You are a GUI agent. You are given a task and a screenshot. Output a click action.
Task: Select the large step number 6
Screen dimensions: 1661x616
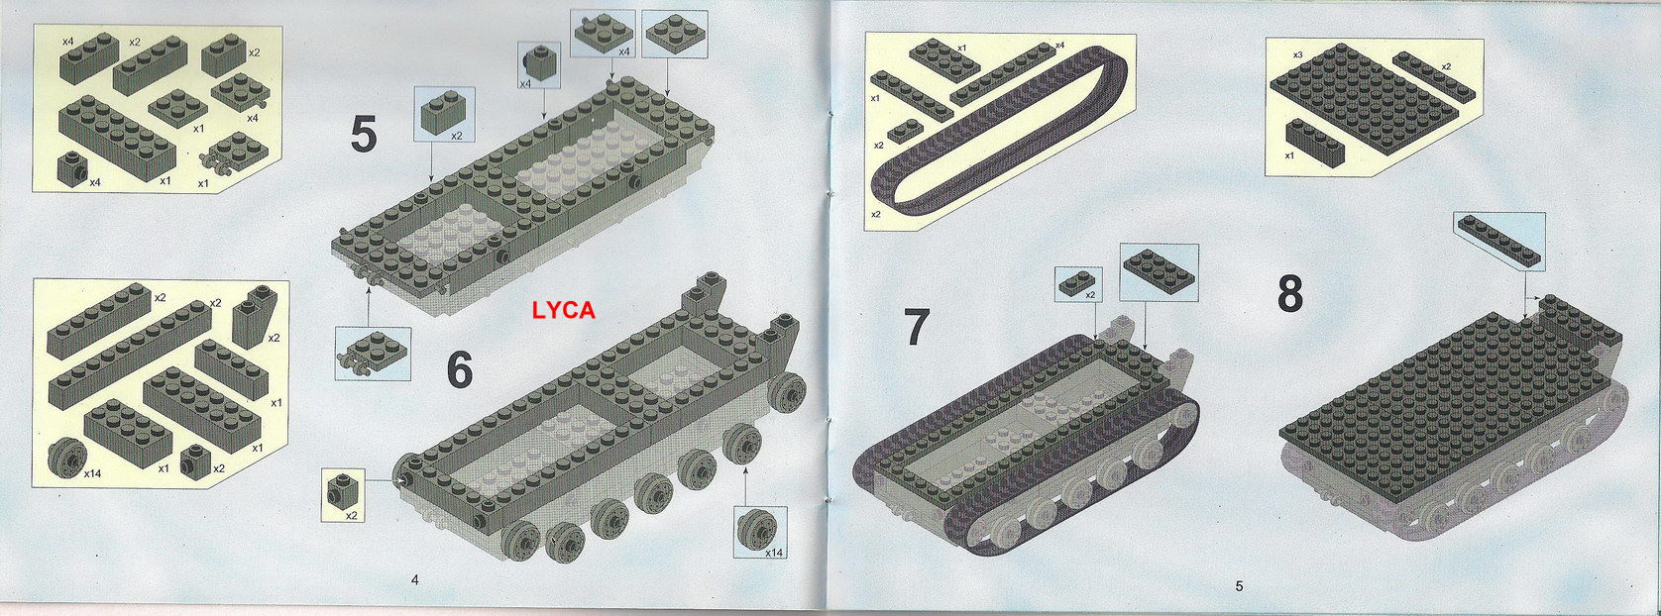460,369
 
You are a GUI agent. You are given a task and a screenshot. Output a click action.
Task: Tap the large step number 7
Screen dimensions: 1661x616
917,328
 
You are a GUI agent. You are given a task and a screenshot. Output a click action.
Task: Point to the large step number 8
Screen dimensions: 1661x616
1290,294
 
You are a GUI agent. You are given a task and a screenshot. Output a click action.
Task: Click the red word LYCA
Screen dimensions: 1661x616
564,311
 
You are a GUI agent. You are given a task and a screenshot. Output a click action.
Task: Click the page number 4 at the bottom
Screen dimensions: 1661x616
414,579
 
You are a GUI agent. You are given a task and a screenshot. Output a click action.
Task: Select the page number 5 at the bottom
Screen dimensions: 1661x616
1239,585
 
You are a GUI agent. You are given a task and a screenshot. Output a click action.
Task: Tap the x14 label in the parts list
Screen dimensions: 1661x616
92,473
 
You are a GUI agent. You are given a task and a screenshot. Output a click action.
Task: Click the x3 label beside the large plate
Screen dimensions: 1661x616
1297,54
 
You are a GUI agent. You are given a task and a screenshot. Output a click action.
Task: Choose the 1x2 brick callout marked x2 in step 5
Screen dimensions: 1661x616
444,115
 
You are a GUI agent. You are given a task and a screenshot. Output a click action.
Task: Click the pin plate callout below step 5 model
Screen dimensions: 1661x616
373,354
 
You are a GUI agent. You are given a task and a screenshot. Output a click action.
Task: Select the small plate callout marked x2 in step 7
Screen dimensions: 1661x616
1078,284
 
